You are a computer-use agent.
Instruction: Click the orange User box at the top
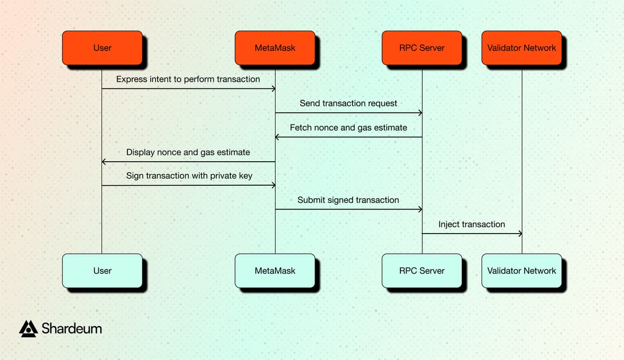pos(102,48)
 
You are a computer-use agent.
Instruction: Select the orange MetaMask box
pos(275,48)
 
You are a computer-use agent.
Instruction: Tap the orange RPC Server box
pos(422,48)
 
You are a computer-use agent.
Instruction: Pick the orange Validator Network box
pos(522,48)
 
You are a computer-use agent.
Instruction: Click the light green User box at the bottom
pos(102,271)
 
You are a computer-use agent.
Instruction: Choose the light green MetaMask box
pos(275,271)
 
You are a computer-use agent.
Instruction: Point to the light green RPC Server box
pos(422,271)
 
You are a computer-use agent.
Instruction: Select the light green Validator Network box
pos(522,271)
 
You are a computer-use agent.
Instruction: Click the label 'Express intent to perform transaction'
pos(188,79)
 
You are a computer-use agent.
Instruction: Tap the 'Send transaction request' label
pos(348,103)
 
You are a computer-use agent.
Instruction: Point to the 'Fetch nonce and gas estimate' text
pos(348,127)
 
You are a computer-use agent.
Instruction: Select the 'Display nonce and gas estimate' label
pos(188,152)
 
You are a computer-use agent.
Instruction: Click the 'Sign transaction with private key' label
pos(189,176)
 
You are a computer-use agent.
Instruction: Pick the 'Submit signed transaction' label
pos(348,200)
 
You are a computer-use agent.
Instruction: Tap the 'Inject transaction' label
pos(471,224)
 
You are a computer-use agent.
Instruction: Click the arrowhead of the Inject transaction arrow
pos(519,234)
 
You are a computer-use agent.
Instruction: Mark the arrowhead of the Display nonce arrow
pos(105,162)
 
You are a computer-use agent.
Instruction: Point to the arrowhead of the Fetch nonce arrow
pos(278,137)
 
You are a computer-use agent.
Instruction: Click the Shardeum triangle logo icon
pos(28,328)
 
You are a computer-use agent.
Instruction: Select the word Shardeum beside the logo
pos(71,329)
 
